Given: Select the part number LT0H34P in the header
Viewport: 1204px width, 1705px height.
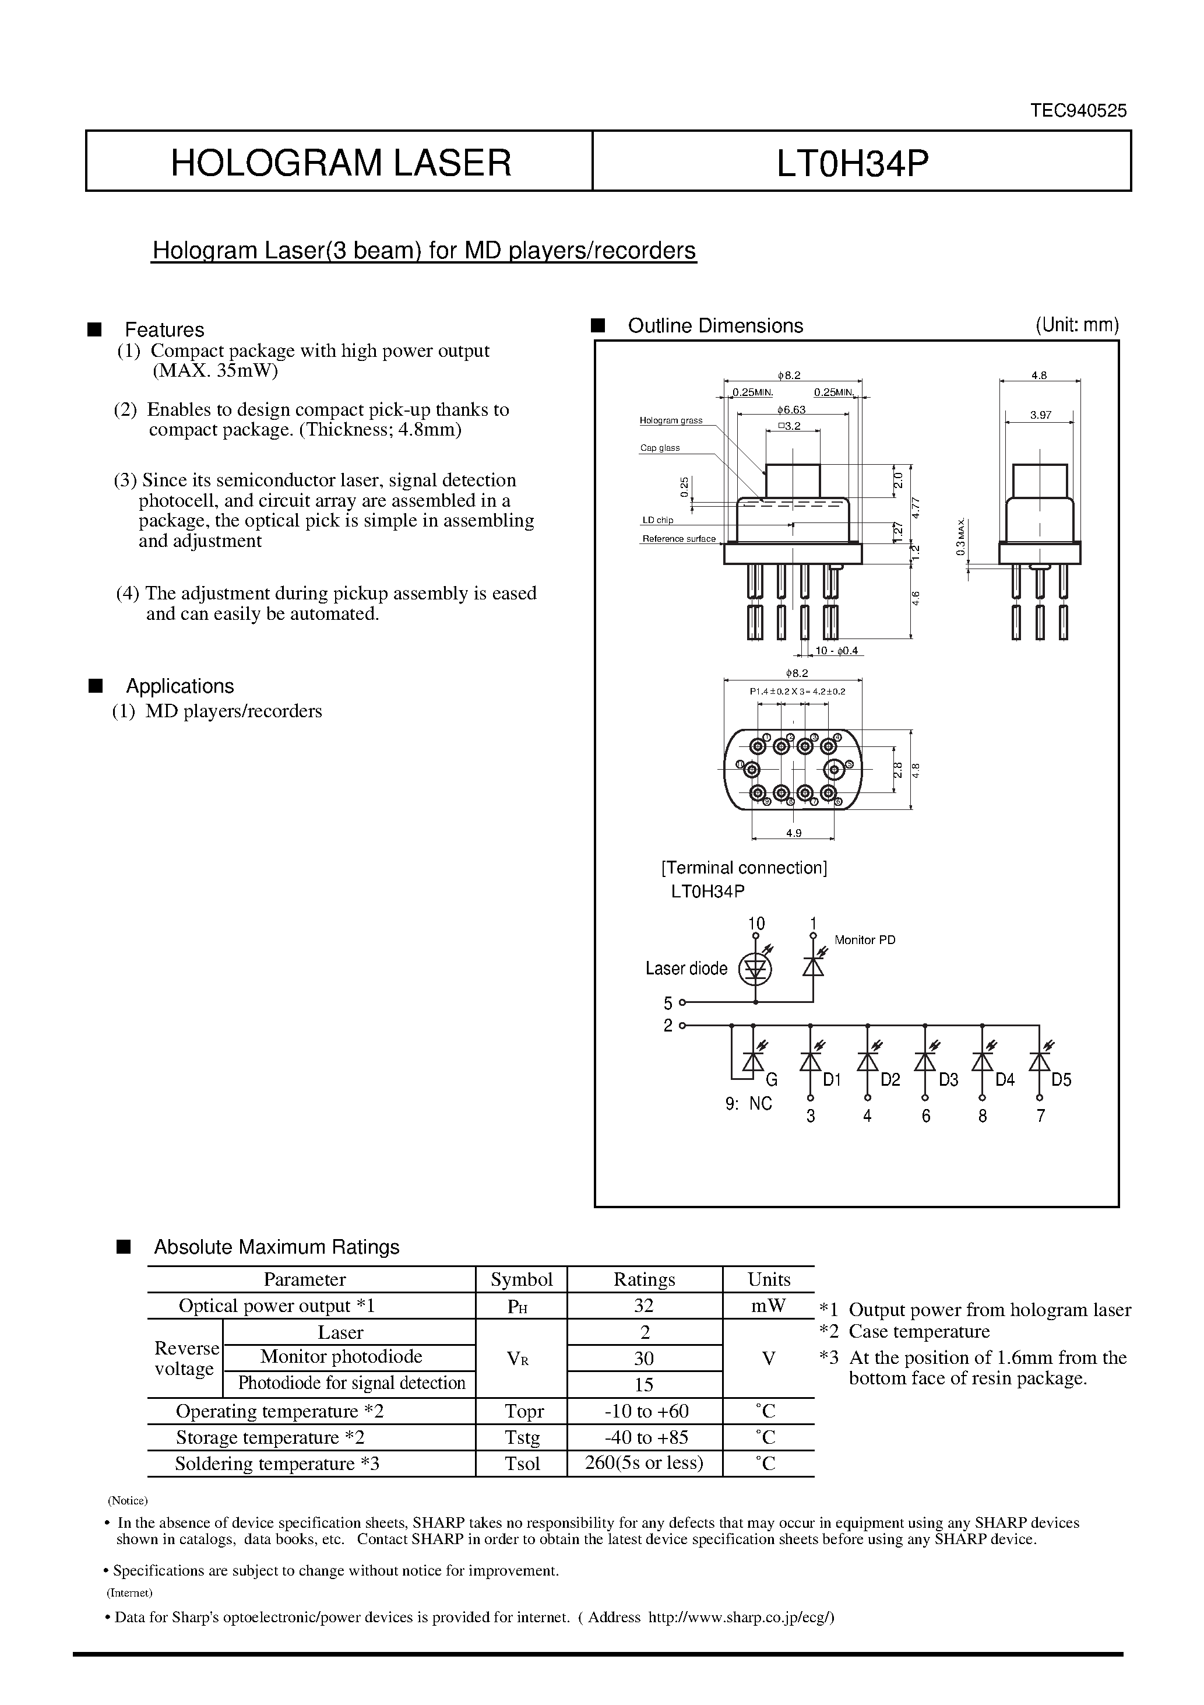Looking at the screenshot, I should click(x=853, y=163).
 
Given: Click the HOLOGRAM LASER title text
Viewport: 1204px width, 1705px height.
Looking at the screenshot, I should click(x=341, y=163).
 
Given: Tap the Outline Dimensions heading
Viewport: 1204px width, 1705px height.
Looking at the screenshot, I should click(x=715, y=325).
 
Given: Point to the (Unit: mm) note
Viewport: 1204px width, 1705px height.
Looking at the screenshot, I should click(x=1076, y=325).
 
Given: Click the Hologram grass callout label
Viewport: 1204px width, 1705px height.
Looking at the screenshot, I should click(x=671, y=420).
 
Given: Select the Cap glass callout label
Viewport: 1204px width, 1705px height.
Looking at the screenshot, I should click(x=660, y=448).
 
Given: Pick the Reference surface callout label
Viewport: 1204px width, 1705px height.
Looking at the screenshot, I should click(x=678, y=538).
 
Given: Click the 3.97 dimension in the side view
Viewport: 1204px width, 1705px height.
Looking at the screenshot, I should click(x=1040, y=415).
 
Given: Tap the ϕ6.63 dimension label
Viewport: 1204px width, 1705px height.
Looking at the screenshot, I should click(x=791, y=409).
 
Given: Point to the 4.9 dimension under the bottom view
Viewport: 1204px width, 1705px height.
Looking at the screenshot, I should click(x=794, y=833).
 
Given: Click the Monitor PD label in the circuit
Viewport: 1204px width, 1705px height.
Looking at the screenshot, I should click(x=865, y=939).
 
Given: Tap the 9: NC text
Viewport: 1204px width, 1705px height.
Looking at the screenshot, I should click(x=748, y=1103).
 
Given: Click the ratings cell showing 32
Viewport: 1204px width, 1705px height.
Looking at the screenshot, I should click(x=643, y=1306).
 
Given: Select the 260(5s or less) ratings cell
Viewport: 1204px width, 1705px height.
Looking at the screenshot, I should click(x=643, y=1463).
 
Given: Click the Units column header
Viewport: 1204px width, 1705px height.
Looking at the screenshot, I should click(x=768, y=1279).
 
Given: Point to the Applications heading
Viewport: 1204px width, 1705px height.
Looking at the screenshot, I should click(x=179, y=685).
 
